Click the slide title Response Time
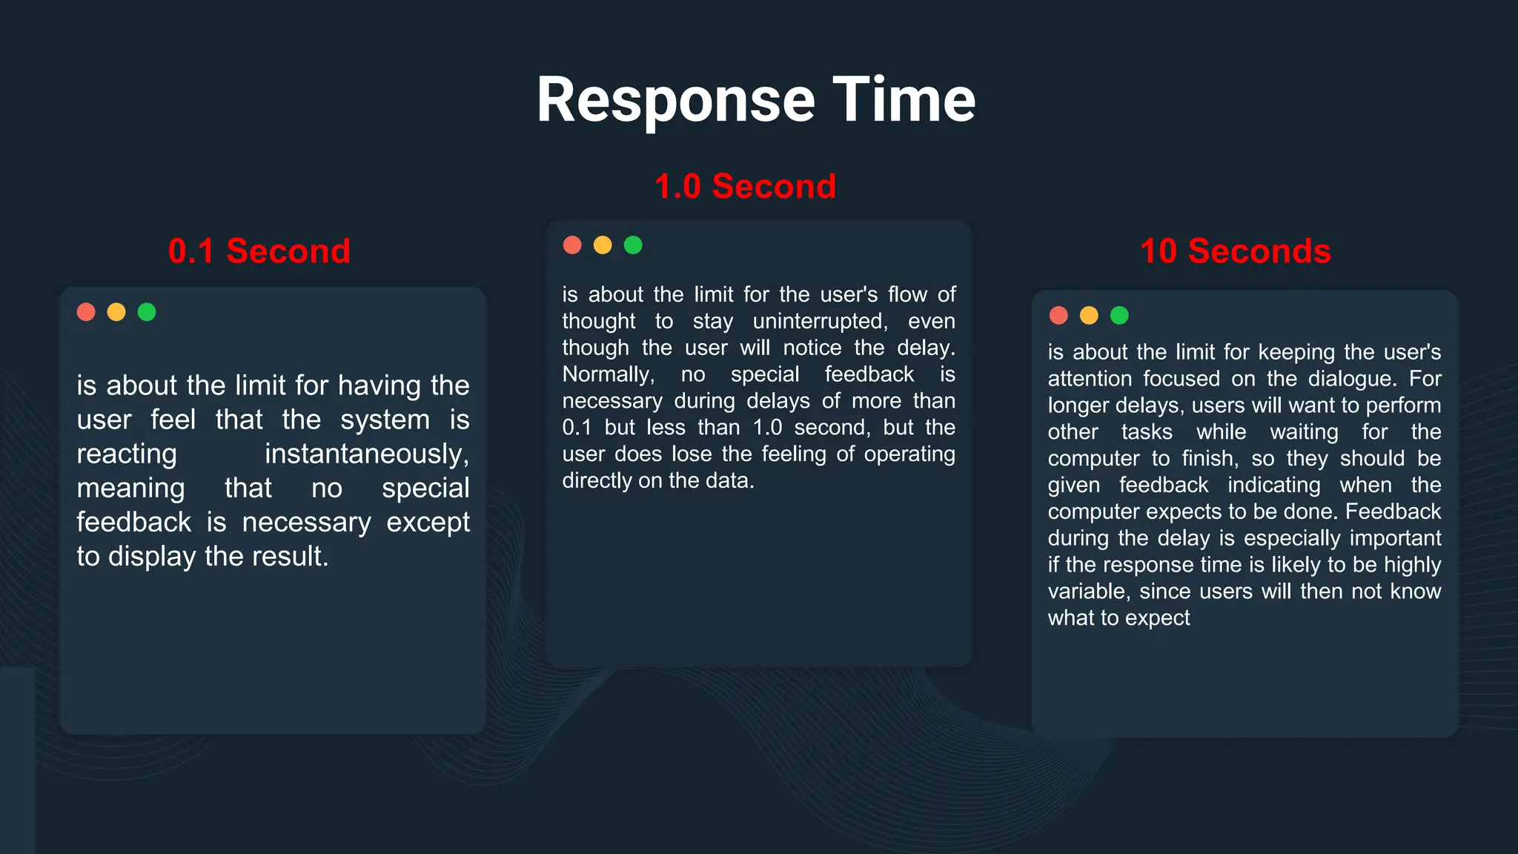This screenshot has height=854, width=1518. click(756, 99)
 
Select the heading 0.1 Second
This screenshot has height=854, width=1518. click(259, 251)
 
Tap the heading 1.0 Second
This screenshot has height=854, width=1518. click(745, 186)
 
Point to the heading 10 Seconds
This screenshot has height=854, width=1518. click(1236, 251)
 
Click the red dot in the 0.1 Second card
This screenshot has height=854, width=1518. click(86, 312)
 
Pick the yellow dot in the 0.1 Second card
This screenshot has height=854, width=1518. click(116, 312)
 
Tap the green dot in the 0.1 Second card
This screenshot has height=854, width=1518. click(147, 312)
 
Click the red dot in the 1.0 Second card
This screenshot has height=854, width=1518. click(572, 245)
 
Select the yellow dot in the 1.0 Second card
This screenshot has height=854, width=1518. click(603, 245)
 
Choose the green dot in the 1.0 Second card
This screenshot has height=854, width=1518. click(633, 245)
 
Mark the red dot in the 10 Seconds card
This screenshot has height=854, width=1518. click(1058, 316)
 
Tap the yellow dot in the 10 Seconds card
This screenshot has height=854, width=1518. click(1089, 316)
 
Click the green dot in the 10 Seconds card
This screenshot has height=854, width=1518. click(1119, 316)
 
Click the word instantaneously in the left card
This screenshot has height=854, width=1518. click(367, 454)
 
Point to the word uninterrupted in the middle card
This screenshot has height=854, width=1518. click(820, 321)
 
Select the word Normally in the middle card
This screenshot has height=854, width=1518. click(608, 374)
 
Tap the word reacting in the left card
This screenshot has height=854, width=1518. click(127, 454)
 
